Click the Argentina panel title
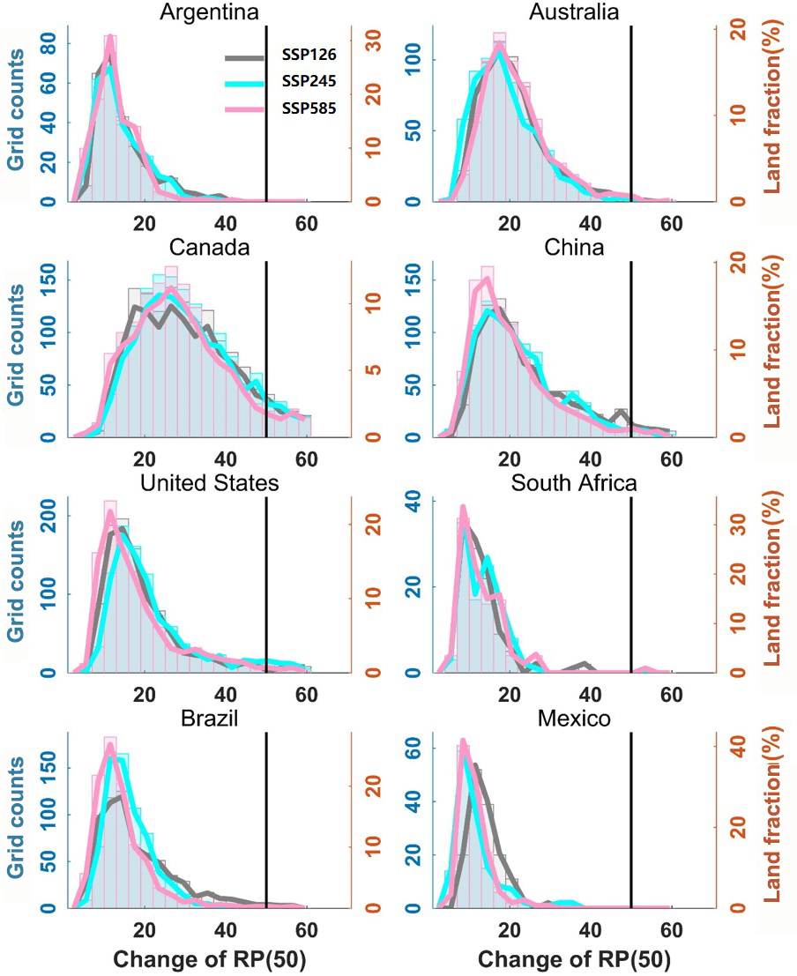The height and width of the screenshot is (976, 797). (204, 12)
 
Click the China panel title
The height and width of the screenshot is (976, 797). (574, 248)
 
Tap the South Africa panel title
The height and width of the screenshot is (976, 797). (577, 483)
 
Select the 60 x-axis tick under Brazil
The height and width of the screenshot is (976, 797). (307, 928)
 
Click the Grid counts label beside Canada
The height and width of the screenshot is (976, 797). (16, 344)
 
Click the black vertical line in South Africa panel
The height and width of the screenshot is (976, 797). (631, 582)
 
